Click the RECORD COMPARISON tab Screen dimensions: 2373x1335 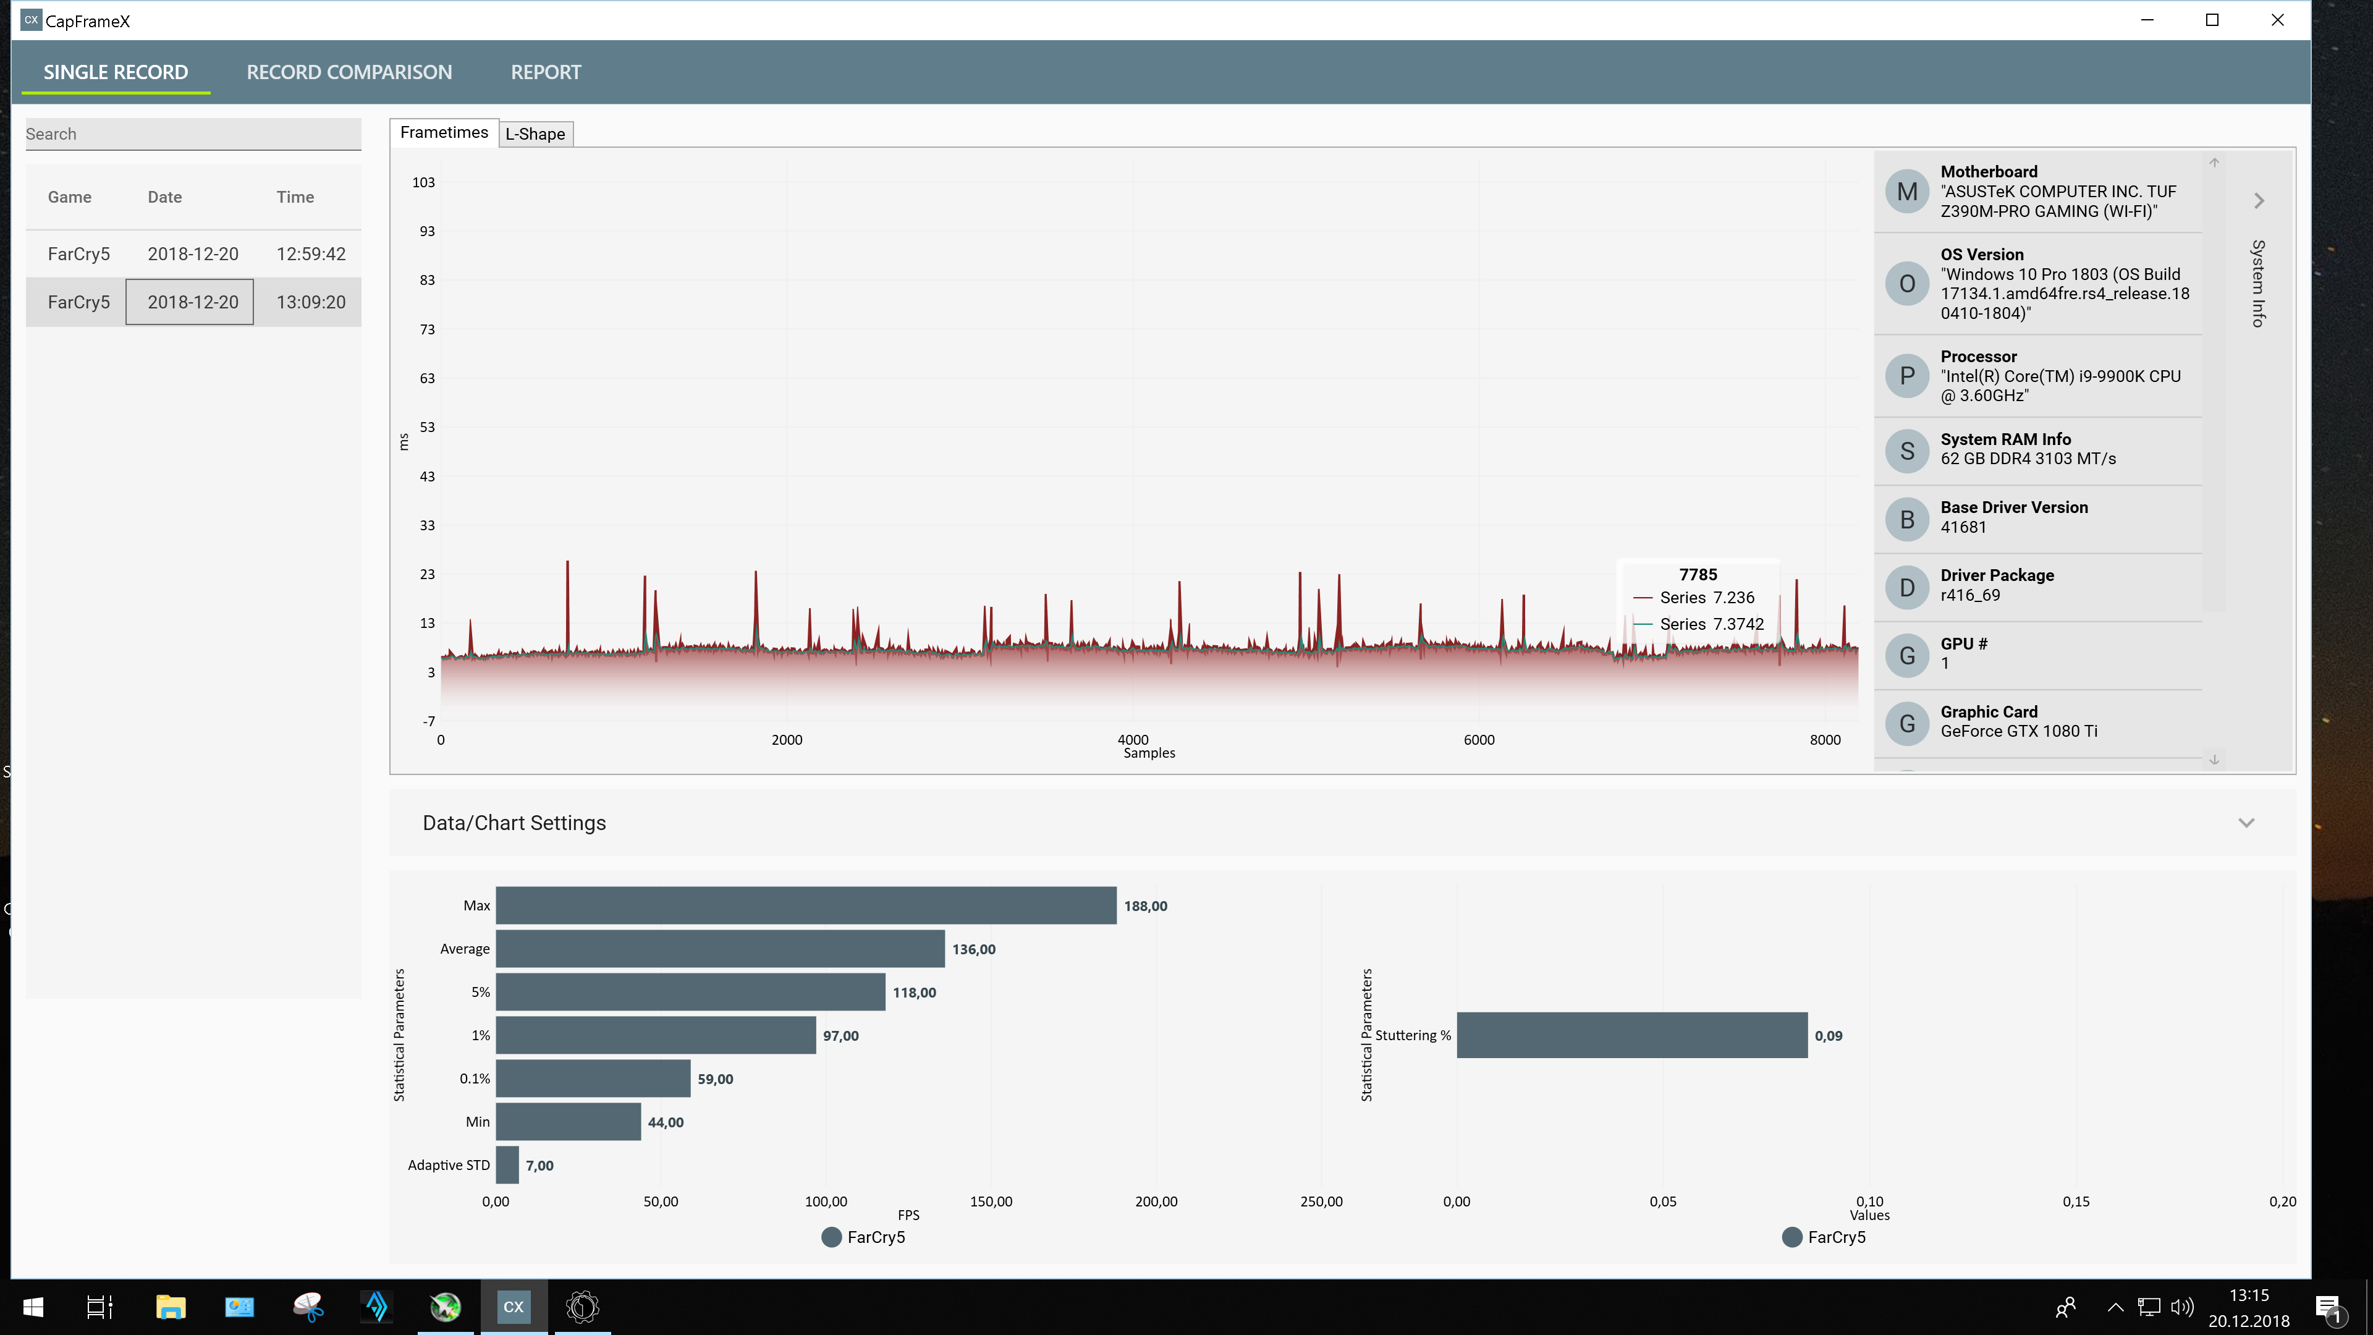click(x=349, y=72)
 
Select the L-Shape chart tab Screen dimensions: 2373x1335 click(x=535, y=133)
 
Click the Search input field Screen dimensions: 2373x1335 click(x=193, y=133)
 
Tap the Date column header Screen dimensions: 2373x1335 click(x=165, y=197)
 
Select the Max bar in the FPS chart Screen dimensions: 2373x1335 click(x=806, y=905)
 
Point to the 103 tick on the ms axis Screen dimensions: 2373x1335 click(x=424, y=182)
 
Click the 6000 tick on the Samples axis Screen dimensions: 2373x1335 click(x=1479, y=740)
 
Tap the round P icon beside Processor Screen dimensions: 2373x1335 click(x=1907, y=376)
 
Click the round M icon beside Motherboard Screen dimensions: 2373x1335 click(x=1907, y=192)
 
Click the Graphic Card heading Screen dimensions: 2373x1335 click(x=1989, y=711)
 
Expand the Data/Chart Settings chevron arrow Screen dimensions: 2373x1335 click(x=2246, y=823)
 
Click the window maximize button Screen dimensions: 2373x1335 click(x=2212, y=20)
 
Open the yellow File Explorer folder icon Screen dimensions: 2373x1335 click(x=171, y=1307)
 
